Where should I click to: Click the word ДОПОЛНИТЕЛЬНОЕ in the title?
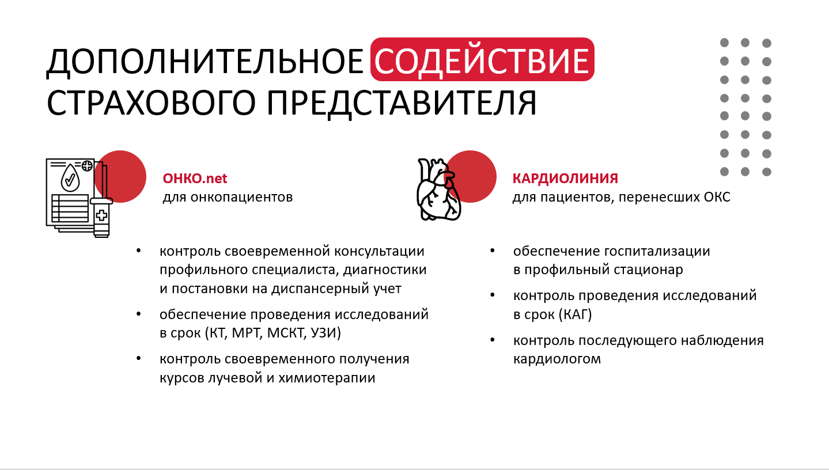205,62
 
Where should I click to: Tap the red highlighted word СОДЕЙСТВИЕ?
482,60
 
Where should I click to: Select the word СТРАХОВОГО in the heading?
151,103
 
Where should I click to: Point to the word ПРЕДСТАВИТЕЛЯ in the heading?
402,104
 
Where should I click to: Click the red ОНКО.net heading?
195,179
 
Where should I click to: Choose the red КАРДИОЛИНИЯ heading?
565,179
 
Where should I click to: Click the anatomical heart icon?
439,189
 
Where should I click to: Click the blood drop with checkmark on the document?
70,178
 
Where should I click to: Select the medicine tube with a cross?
101,217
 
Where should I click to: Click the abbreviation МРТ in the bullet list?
247,333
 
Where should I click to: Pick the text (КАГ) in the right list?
575,314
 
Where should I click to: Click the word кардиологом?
557,359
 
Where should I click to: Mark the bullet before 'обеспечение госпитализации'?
492,251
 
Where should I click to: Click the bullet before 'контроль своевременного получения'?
138,358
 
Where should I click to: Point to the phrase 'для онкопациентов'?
228,197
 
